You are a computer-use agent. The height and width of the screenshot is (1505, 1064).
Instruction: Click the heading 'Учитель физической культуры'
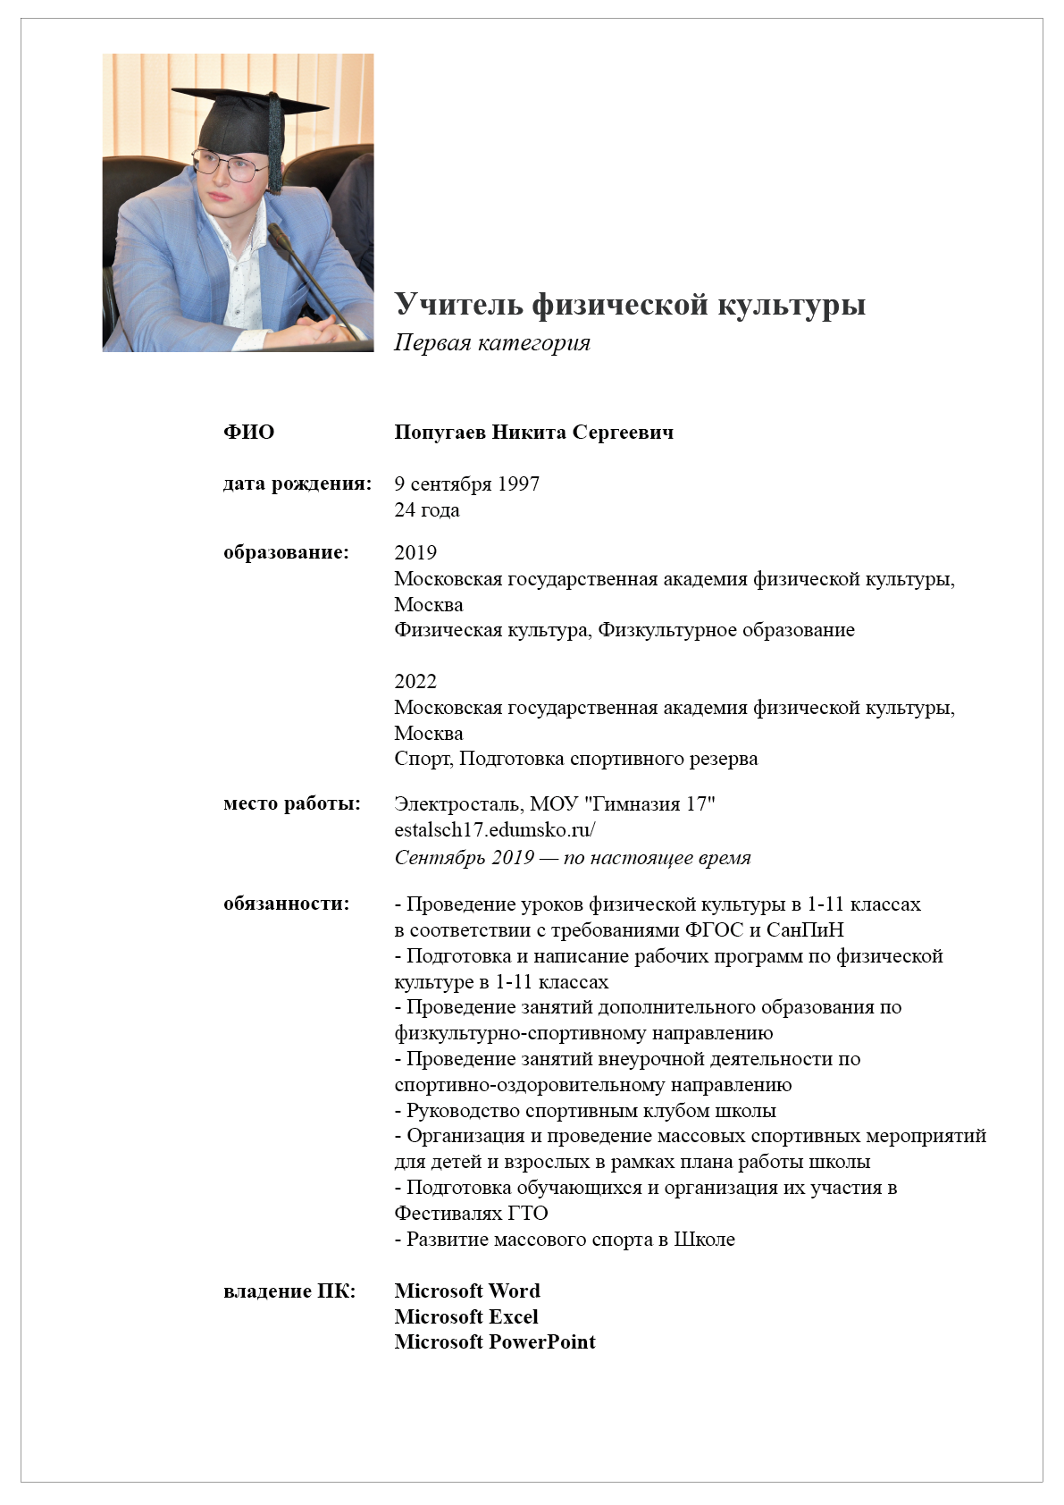pyautogui.click(x=630, y=305)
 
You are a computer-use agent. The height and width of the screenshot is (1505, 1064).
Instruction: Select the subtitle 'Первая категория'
pyautogui.click(x=492, y=343)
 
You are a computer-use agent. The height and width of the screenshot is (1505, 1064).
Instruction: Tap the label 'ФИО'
pyautogui.click(x=248, y=433)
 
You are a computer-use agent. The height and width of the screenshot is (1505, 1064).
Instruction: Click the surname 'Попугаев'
pyautogui.click(x=440, y=433)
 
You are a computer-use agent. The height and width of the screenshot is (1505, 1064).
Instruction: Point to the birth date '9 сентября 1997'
pyautogui.click(x=466, y=484)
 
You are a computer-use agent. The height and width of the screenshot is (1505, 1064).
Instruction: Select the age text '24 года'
pyautogui.click(x=427, y=510)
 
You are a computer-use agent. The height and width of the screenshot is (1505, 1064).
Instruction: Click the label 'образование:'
pyautogui.click(x=286, y=552)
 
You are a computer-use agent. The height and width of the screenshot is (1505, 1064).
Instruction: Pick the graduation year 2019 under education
pyautogui.click(x=415, y=553)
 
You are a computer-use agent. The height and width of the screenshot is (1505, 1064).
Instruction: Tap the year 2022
pyautogui.click(x=415, y=682)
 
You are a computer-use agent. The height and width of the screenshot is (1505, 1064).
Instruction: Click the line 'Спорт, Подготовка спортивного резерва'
pyautogui.click(x=575, y=759)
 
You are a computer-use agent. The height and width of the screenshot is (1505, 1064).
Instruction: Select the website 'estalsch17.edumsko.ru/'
pyautogui.click(x=494, y=829)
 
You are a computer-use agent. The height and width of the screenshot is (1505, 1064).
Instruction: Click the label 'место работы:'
pyautogui.click(x=292, y=803)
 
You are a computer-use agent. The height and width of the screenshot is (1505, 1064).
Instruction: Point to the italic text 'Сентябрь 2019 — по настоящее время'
pyautogui.click(x=572, y=858)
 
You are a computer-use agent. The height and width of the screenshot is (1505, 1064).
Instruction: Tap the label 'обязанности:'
pyautogui.click(x=286, y=904)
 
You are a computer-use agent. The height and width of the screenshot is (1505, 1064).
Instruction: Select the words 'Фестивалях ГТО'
pyautogui.click(x=471, y=1214)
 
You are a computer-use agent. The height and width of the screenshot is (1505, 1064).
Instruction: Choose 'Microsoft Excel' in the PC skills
pyautogui.click(x=466, y=1317)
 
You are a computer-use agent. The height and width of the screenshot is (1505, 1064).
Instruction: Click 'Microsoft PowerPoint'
pyautogui.click(x=495, y=1342)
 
